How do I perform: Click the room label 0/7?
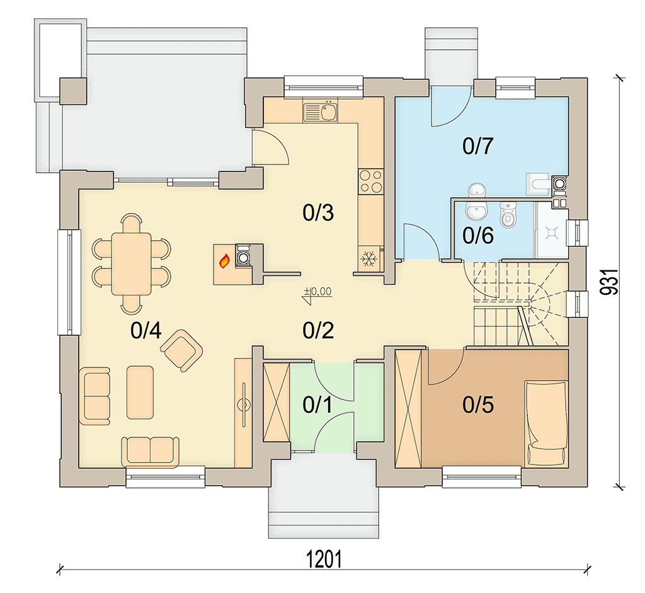[477, 146]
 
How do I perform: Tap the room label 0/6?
[477, 236]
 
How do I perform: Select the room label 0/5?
[477, 405]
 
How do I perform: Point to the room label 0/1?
[317, 405]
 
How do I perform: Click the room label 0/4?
[146, 330]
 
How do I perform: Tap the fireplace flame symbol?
[225, 261]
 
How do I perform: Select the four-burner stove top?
[370, 182]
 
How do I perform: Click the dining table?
[132, 263]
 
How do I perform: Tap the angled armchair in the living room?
[181, 350]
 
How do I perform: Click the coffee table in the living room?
[140, 392]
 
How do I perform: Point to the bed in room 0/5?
[546, 424]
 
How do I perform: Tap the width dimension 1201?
[324, 560]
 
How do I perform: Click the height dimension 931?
[609, 282]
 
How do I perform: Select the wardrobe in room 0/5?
[408, 408]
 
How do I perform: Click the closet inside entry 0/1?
[277, 403]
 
